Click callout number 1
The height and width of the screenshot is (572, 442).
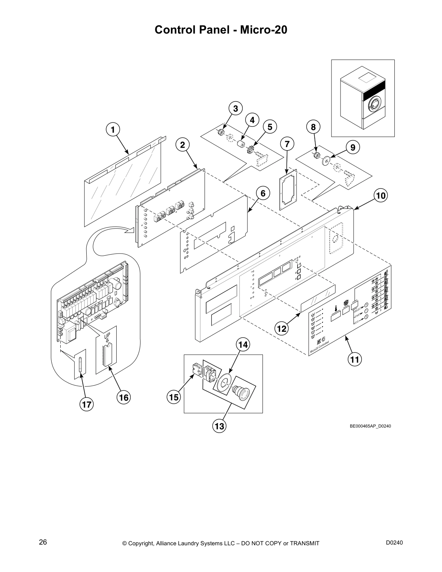coord(113,129)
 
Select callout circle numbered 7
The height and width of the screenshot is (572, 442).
coord(287,144)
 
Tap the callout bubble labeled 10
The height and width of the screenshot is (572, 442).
coord(381,196)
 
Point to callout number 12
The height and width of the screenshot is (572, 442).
coord(282,329)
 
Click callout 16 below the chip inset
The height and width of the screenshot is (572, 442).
coord(123,398)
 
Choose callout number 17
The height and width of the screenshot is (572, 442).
coord(87,405)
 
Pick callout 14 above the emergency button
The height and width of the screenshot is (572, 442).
coord(243,345)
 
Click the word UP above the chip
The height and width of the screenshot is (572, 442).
coord(107,336)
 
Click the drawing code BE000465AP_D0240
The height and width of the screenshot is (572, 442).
coord(370,426)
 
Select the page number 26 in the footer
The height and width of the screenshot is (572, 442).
coord(43,542)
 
